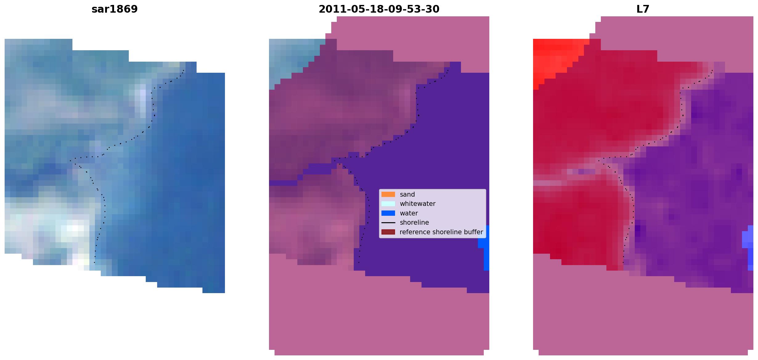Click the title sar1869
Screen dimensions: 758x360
tap(115, 9)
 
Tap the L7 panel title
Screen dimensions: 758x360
tap(643, 9)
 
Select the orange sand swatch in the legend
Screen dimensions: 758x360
tap(388, 194)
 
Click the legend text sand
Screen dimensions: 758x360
tap(407, 194)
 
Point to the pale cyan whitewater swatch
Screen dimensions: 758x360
tap(388, 204)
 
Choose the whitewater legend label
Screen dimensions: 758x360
tap(418, 204)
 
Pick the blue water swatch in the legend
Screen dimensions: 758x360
tap(388, 213)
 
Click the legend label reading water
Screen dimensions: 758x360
tap(409, 213)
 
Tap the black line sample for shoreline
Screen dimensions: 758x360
tap(388, 223)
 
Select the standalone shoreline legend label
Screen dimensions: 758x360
tap(414, 223)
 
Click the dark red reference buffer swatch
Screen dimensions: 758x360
tap(388, 232)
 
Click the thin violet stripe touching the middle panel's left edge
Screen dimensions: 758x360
tap(283, 183)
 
